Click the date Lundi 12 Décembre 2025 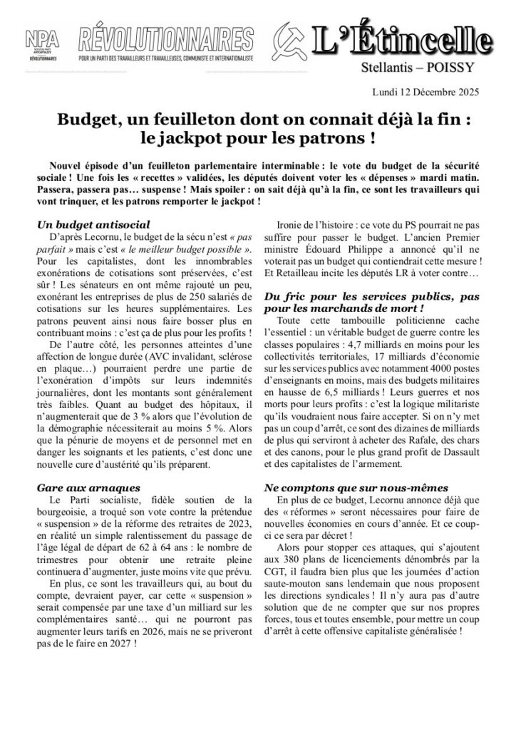[x=425, y=92]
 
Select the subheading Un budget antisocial [x=84, y=224]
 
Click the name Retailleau [x=294, y=290]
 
